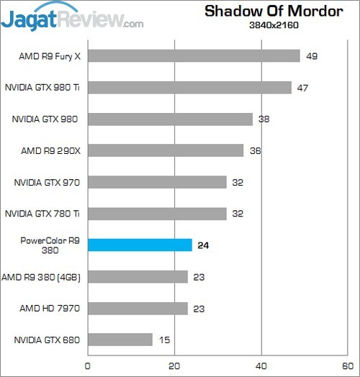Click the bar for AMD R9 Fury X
[x=193, y=56]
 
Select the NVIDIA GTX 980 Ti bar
[x=189, y=88]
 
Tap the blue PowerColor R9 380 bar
[x=140, y=245]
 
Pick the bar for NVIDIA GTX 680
[x=120, y=340]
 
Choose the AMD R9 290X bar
[x=165, y=150]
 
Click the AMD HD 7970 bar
[x=137, y=308]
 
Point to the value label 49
[x=311, y=56]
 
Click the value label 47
[x=302, y=88]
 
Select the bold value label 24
[x=204, y=245]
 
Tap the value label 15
[x=163, y=340]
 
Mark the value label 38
[x=264, y=119]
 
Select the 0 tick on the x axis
[x=88, y=365]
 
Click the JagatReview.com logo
[x=72, y=17]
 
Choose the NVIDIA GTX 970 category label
[x=45, y=182]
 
